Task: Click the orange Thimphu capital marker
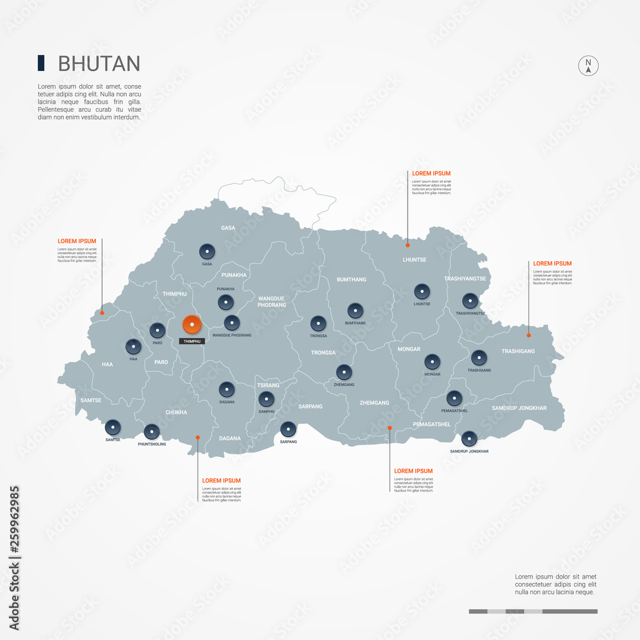pos(191,325)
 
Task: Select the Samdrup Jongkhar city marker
pos(469,439)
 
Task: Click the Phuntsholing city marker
pos(152,431)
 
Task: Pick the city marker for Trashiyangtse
pos(470,301)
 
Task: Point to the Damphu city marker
pos(266,399)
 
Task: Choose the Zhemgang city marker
pos(344,372)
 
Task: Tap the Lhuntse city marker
pos(421,292)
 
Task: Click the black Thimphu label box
pos(192,341)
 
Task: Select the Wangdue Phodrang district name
pos(271,301)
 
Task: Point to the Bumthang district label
pos(351,280)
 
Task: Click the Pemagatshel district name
pos(432,424)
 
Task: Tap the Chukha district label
pos(176,413)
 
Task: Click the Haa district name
pos(107,364)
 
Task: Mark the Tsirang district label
pos(268,385)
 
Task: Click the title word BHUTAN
pos(99,63)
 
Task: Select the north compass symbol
pos(588,66)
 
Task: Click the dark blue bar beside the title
pos(41,63)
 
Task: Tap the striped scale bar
pos(532,611)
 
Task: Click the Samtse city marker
pos(113,427)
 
